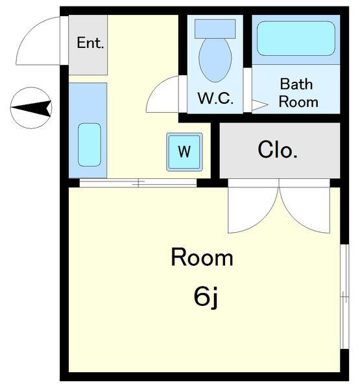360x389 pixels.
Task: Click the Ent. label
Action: (90, 43)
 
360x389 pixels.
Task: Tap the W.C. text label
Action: (215, 98)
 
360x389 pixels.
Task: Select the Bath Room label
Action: (298, 93)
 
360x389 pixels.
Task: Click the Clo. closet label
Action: (278, 150)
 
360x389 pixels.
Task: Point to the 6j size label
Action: (206, 297)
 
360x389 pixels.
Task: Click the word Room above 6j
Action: (202, 257)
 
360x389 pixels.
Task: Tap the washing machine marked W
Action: (184, 152)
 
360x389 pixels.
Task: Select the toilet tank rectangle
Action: (215, 29)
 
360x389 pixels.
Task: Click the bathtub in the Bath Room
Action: (296, 38)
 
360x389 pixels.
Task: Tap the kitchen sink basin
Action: (90, 145)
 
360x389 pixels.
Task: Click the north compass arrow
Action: (31, 108)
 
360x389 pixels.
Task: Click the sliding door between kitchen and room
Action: (138, 183)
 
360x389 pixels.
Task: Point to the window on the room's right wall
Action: (344, 296)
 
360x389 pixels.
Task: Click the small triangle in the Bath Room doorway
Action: (259, 105)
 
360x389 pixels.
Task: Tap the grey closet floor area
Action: (280, 150)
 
